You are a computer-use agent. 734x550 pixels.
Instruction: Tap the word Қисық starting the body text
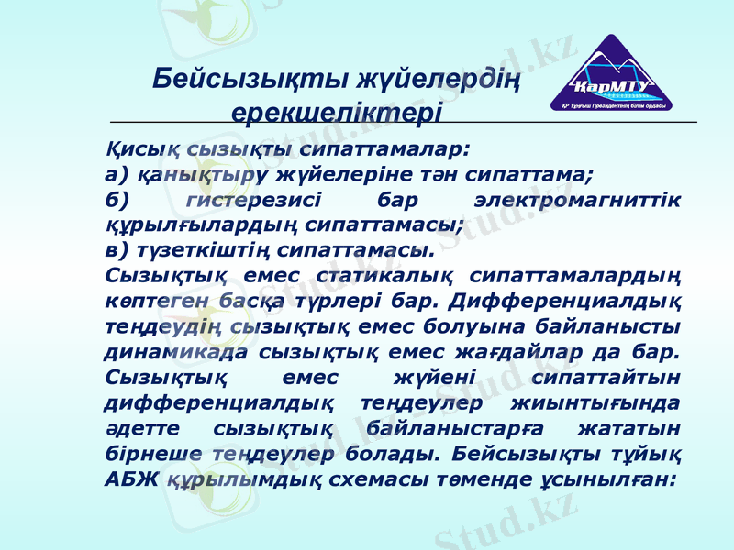(135, 146)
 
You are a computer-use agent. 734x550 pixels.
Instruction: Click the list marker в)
(117, 248)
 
